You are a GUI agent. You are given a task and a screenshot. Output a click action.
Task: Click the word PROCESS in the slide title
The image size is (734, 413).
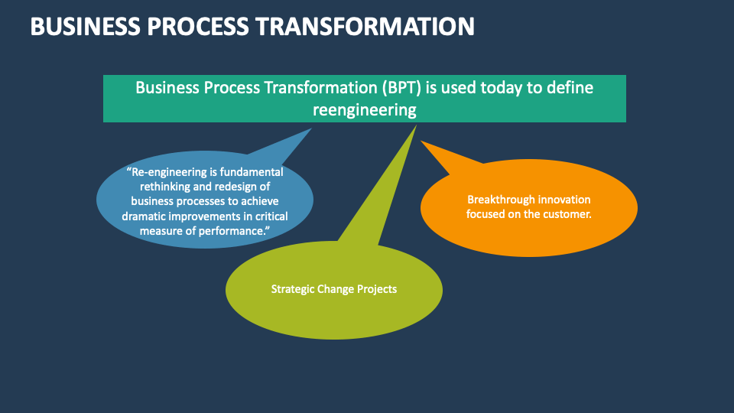pyautogui.click(x=198, y=26)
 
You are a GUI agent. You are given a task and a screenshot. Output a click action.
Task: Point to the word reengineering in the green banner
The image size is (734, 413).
pyautogui.click(x=365, y=110)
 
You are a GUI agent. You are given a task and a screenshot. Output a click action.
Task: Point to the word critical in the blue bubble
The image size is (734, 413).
pyautogui.click(x=271, y=216)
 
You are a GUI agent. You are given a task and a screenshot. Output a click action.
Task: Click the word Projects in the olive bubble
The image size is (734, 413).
pyautogui.click(x=377, y=289)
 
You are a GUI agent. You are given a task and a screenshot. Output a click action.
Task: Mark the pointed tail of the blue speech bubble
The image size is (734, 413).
pyautogui.click(x=311, y=128)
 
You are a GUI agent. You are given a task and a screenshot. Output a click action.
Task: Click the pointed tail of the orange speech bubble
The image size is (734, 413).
pyautogui.click(x=421, y=141)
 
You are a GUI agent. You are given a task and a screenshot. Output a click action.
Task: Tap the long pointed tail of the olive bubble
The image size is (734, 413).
pyautogui.click(x=416, y=125)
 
